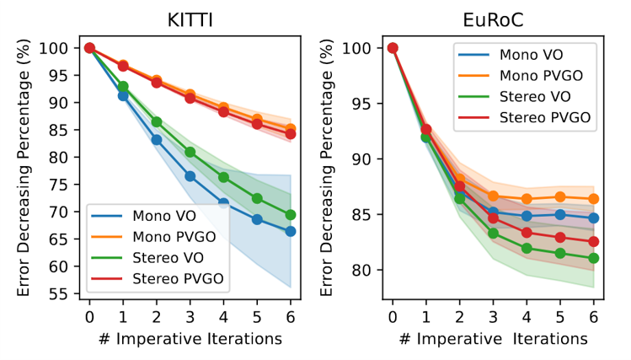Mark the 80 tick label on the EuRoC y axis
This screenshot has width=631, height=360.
[x=364, y=271]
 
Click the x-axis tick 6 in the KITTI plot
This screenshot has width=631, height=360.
[x=291, y=317]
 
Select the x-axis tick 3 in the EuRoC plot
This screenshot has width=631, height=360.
[x=493, y=317]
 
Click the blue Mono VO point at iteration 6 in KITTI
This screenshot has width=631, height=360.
[x=291, y=231]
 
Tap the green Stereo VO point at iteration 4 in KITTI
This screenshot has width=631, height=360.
[x=223, y=177]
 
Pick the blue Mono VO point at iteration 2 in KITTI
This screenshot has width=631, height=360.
[x=157, y=140]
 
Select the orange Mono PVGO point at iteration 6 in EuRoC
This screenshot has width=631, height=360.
[x=593, y=199]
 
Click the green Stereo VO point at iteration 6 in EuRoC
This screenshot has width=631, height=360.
[x=593, y=258]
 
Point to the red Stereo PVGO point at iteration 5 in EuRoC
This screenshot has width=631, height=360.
[x=559, y=237]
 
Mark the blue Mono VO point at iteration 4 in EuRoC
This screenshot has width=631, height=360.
[x=527, y=216]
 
